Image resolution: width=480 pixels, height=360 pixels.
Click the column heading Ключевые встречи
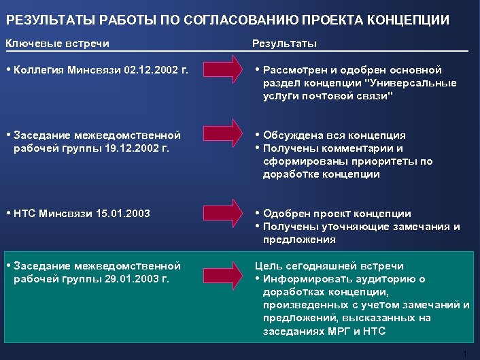[x=57, y=44]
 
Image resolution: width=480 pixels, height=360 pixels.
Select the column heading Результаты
[x=284, y=44]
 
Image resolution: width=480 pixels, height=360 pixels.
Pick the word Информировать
[x=303, y=279]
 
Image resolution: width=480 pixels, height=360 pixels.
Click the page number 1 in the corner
[x=464, y=353]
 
